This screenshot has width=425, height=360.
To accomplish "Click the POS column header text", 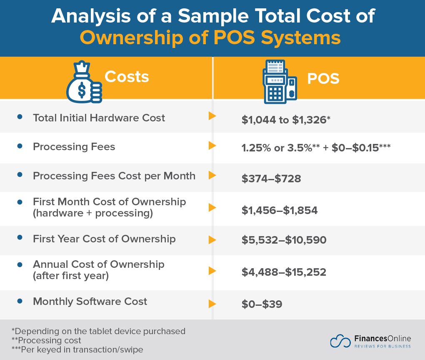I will pos(323,78).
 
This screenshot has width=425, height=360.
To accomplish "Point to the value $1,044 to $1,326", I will pos(286,120).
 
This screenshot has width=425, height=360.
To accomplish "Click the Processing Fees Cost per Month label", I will pos(114,176).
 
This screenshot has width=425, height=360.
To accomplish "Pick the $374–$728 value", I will pos(271,179).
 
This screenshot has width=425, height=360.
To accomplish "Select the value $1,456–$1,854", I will pos(280,210).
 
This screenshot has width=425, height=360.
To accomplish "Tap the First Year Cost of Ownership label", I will pos(104,239).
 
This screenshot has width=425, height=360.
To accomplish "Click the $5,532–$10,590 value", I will pos(284,240).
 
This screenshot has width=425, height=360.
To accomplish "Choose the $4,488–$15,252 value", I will pos(284,272).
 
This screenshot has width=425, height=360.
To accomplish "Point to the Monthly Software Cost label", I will pos(90,301).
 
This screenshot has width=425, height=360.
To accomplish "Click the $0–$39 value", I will pos(262,304).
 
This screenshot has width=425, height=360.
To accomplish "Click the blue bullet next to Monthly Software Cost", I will pos(20,301).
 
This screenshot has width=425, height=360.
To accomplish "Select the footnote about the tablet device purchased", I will pos(98,331).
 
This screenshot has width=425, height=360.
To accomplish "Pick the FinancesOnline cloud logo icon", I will pos(340,341).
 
